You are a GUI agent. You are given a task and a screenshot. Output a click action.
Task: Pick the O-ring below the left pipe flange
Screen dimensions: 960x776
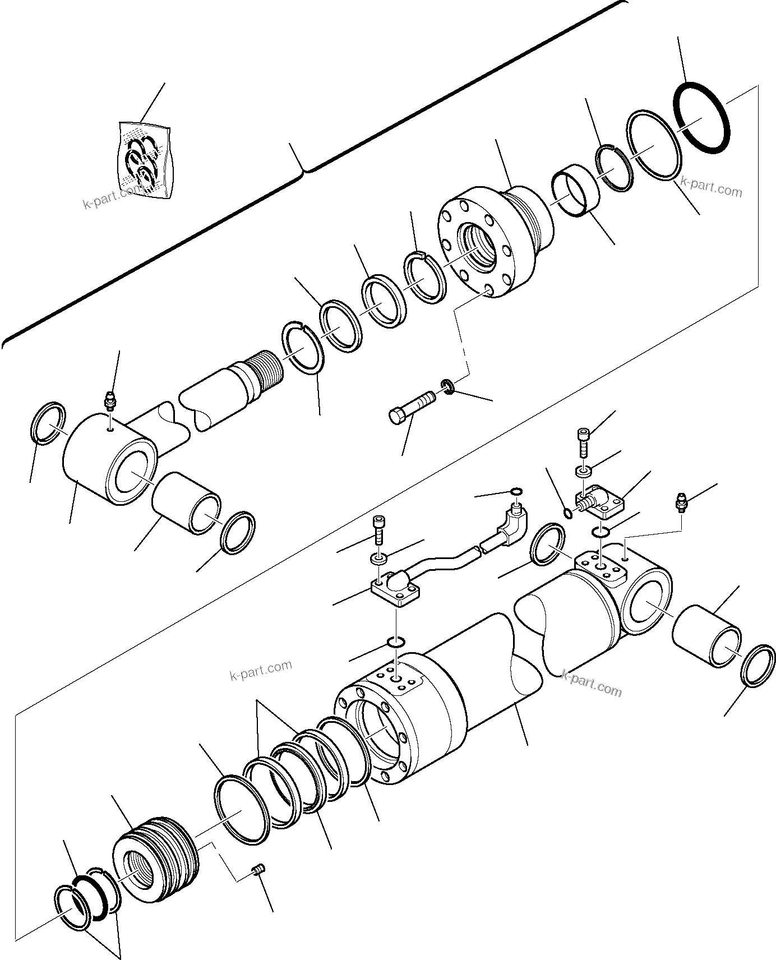point(396,641)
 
